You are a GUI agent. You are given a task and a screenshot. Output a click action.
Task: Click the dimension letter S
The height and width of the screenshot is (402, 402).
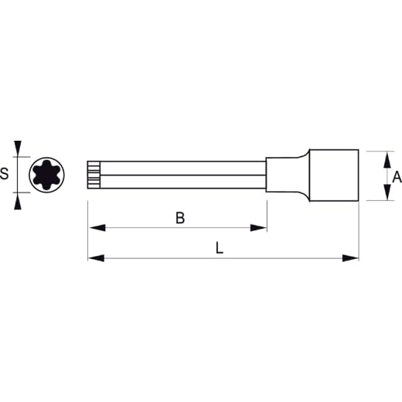point(4,173)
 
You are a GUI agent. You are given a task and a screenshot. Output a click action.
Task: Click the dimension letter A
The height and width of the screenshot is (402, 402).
point(397,176)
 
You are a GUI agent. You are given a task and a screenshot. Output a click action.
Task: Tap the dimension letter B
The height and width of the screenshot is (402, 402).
point(180,218)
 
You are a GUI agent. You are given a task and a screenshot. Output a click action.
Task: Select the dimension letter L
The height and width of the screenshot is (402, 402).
point(220,247)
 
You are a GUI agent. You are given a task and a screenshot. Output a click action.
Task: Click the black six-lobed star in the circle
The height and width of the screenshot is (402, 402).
point(46,175)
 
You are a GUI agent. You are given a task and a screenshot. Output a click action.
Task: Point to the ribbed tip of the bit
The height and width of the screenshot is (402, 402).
point(94,175)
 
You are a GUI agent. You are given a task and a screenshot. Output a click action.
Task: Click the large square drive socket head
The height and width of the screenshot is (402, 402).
point(334,175)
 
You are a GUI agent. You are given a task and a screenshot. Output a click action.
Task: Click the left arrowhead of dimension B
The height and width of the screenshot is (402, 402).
point(97,228)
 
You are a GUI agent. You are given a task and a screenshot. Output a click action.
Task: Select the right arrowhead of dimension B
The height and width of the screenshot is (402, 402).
point(258,228)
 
